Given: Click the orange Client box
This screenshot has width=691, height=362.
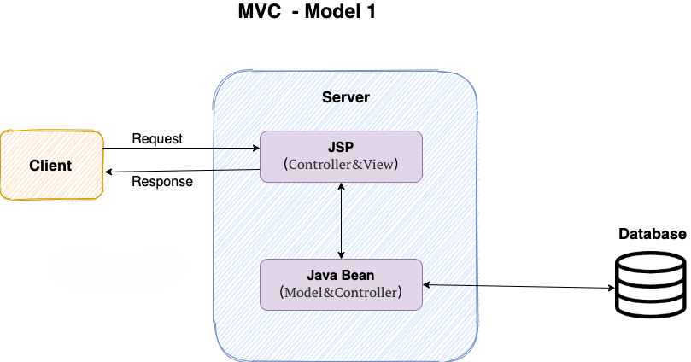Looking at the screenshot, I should (51, 165).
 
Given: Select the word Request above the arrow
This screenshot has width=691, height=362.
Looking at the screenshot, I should (157, 139).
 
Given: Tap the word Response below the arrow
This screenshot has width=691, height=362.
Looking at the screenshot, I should (162, 181).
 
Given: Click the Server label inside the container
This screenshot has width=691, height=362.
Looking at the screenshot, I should (346, 97).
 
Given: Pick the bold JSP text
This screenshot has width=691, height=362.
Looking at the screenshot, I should (341, 147).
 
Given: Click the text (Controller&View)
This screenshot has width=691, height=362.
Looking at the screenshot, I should (341, 165).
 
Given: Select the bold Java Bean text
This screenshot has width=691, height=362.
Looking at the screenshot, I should (341, 275).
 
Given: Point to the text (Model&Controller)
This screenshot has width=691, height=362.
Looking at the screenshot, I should (341, 292).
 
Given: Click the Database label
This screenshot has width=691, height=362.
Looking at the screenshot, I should (652, 235).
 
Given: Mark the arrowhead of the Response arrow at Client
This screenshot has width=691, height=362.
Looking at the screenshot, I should (108, 172).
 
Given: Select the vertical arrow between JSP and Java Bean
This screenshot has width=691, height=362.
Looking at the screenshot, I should (342, 220).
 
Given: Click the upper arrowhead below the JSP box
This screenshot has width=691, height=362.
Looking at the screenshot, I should (342, 186).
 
